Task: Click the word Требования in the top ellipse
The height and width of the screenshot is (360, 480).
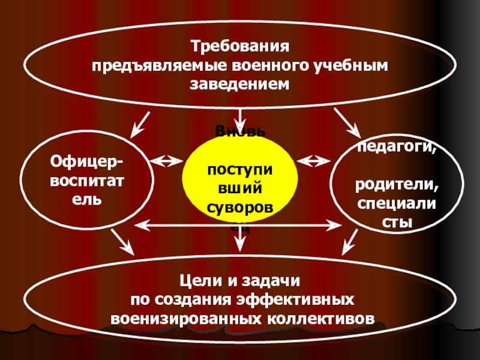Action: (240, 46)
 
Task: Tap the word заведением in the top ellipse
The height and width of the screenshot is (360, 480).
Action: (240, 84)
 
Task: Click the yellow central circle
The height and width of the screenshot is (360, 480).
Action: (240, 180)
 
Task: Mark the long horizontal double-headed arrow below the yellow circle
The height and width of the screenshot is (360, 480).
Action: (240, 226)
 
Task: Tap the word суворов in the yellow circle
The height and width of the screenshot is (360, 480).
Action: (240, 208)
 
